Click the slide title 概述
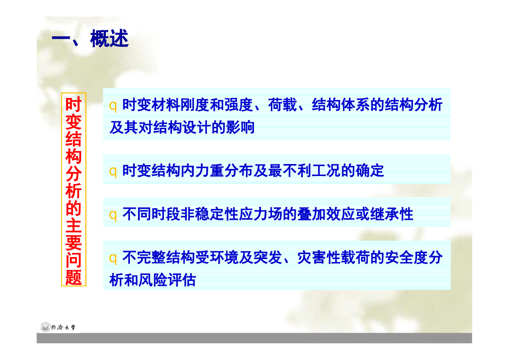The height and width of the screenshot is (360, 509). pos(109,39)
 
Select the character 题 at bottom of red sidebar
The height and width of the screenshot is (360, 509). pos(73,277)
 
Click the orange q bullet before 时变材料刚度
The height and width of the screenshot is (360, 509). pos(113,105)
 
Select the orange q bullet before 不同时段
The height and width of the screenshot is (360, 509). pos(113,215)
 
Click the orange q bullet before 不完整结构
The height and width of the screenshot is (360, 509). pos(113,258)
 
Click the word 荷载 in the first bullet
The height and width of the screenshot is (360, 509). pos(282,105)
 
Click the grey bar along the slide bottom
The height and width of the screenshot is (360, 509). pos(254,338)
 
